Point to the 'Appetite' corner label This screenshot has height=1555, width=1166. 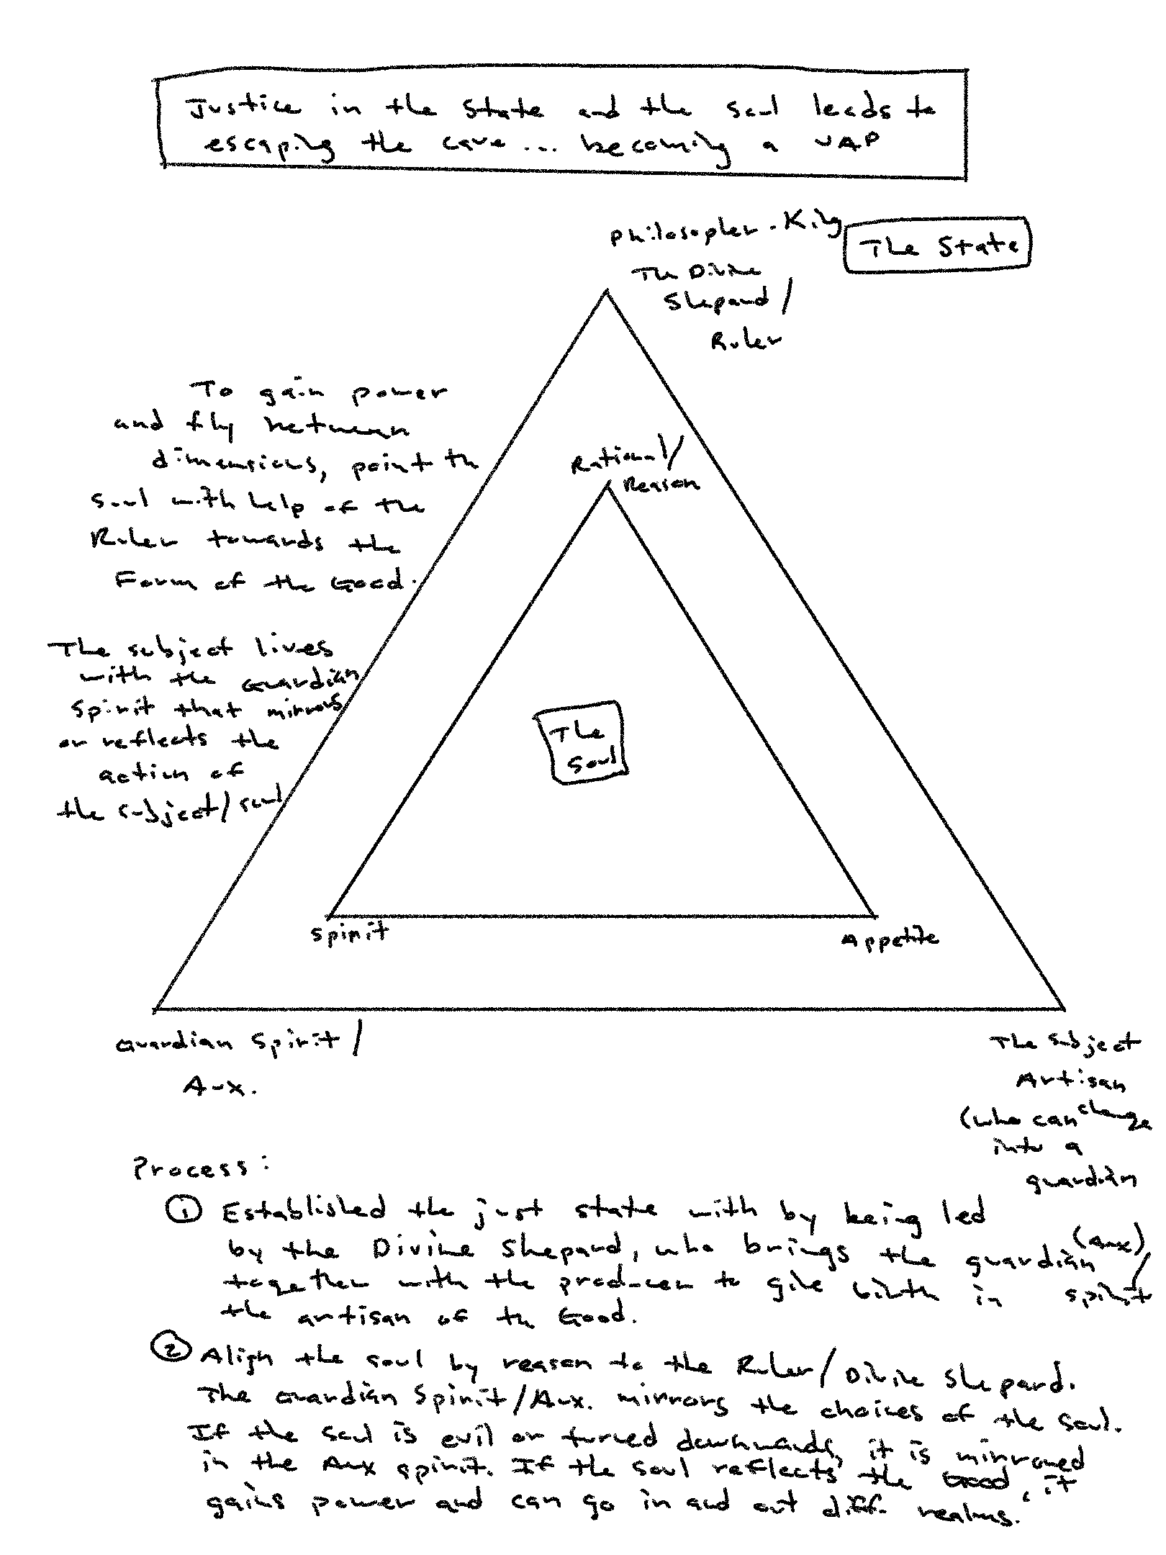(890, 939)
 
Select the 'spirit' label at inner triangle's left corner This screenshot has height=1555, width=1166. (350, 934)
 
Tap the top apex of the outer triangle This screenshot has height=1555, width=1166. (607, 291)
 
